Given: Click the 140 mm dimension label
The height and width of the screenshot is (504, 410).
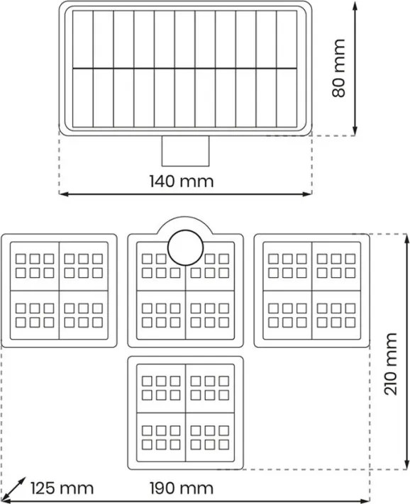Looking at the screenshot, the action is point(182,181).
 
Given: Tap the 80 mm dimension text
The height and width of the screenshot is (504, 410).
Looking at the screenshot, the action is point(339,68).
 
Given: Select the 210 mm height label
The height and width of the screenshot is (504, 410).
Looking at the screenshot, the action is point(391,364).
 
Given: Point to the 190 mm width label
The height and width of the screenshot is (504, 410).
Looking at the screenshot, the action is point(182,488).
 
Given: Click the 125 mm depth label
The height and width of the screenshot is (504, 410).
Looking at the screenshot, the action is point(62,488).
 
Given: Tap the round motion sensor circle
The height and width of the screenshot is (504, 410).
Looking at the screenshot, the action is point(186,248).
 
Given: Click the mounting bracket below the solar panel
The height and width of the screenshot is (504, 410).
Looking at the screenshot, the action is point(185,151).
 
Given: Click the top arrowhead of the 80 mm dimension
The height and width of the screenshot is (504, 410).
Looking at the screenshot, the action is point(355,6).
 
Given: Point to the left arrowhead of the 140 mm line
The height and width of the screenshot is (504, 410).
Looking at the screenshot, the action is point(65,194).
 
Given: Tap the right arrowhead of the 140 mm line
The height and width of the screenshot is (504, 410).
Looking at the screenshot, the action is point(307,194).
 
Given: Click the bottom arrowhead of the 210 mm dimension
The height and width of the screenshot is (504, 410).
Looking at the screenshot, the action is point(406,464).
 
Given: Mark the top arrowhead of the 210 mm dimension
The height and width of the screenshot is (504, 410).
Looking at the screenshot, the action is point(406,240).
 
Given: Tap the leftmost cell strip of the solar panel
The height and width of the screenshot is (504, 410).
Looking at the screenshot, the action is point(83,69).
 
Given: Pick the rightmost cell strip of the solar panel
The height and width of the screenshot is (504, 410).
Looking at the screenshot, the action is point(287,69).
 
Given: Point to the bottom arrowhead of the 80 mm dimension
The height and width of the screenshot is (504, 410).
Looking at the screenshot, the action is point(355,130).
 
